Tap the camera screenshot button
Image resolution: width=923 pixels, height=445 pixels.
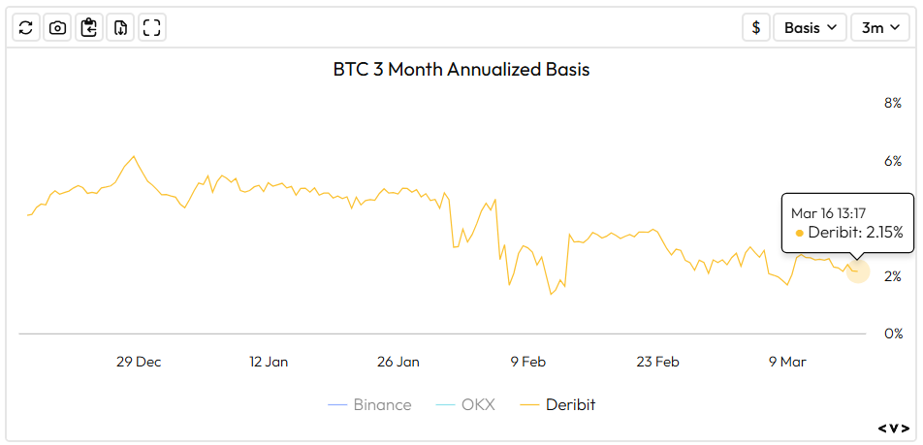pos(58,27)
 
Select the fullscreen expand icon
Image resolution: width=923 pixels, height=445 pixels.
pos(151,27)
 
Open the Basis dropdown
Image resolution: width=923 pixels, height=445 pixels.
pos(810,27)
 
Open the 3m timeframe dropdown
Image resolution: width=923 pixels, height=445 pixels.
pos(880,27)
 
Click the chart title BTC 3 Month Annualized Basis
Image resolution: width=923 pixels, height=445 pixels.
pos(461,70)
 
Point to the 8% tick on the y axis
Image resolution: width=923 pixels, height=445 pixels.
pos(892,103)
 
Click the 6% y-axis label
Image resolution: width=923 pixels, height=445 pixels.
pos(892,161)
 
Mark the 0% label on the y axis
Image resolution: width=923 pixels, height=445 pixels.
pos(892,334)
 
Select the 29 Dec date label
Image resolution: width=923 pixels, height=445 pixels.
pos(139,362)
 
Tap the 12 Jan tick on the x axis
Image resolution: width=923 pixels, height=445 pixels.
pos(269,362)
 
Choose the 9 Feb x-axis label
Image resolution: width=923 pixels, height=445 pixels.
pos(527,362)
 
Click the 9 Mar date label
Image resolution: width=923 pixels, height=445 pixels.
pos(787,362)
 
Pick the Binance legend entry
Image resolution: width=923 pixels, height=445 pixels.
pos(369,404)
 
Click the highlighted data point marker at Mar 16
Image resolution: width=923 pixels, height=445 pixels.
pos(857,271)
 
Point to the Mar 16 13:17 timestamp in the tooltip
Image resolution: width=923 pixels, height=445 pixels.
pos(828,212)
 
